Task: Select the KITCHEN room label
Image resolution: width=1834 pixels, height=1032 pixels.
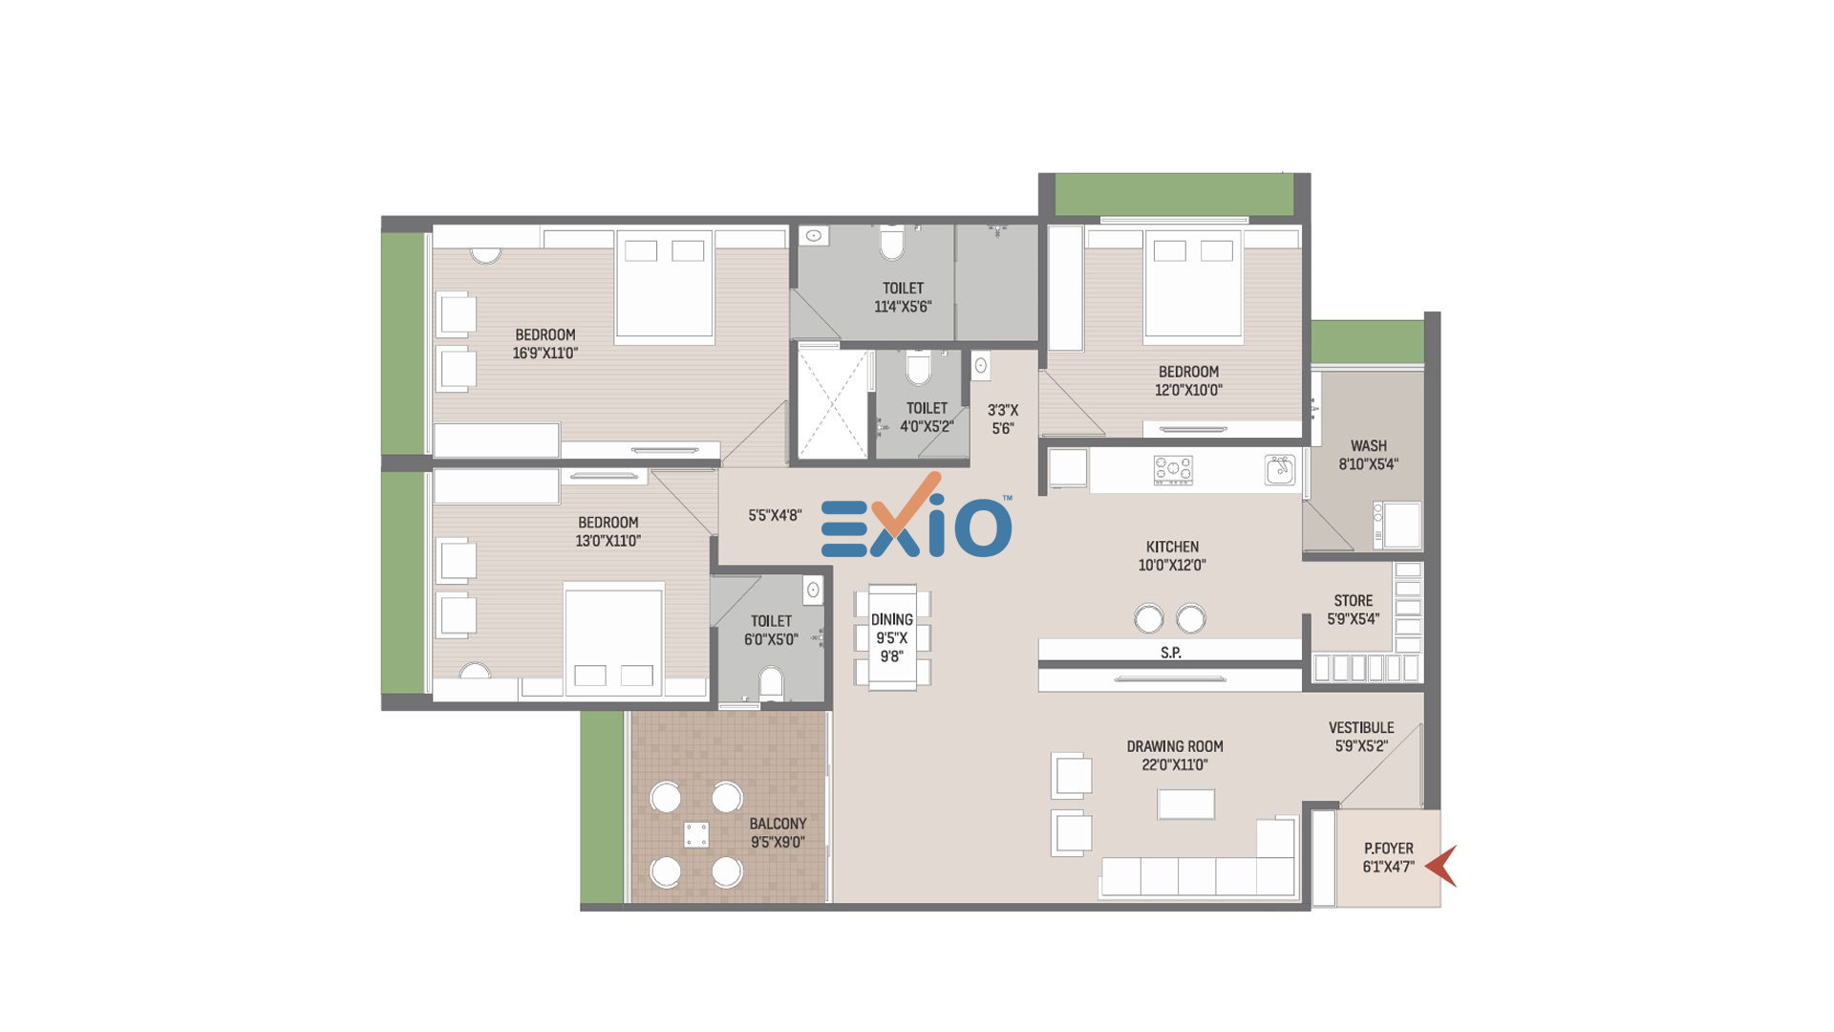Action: pos(1172,547)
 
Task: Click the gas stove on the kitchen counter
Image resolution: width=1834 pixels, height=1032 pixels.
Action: pos(1173,470)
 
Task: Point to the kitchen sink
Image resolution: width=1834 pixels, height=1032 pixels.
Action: pos(1280,469)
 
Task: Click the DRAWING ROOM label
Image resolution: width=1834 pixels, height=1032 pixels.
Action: pos(1175,746)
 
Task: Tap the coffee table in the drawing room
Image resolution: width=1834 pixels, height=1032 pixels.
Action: pos(1185,804)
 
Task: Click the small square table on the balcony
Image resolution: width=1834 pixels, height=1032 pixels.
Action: pos(696,834)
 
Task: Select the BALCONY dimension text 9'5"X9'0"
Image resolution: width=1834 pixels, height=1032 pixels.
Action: pos(778,842)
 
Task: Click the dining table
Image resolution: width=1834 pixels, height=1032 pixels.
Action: pos(892,636)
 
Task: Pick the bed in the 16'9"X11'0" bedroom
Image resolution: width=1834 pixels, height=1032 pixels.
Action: pos(665,286)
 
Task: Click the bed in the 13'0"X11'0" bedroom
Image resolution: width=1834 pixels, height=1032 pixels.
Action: pos(613,638)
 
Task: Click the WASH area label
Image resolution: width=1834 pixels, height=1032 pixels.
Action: pos(1369,445)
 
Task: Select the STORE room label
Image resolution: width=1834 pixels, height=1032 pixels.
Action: pos(1354,600)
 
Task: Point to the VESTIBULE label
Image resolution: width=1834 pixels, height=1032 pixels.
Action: pos(1361,727)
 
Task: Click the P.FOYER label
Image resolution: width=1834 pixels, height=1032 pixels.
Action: pos(1389,848)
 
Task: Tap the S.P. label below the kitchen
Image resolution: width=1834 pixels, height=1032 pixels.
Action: pos(1171,653)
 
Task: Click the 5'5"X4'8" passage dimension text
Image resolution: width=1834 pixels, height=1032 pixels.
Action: pos(775,515)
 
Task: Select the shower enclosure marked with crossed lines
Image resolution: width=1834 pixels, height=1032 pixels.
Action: pos(833,404)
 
